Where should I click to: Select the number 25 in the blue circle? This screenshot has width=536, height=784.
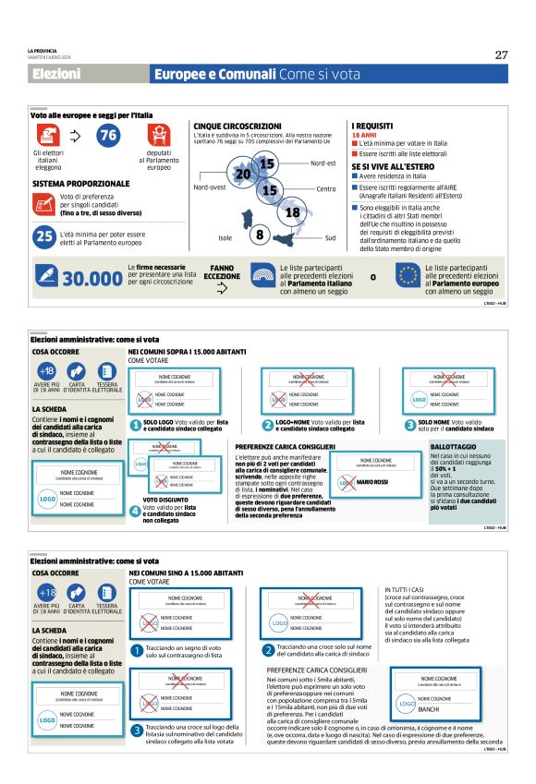(43, 236)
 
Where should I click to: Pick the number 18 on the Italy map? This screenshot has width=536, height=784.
(293, 213)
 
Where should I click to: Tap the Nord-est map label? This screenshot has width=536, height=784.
(323, 163)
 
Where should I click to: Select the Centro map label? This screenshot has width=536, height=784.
(325, 189)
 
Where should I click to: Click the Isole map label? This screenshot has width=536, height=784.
(225, 238)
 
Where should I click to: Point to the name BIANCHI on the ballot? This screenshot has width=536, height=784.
(428, 710)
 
